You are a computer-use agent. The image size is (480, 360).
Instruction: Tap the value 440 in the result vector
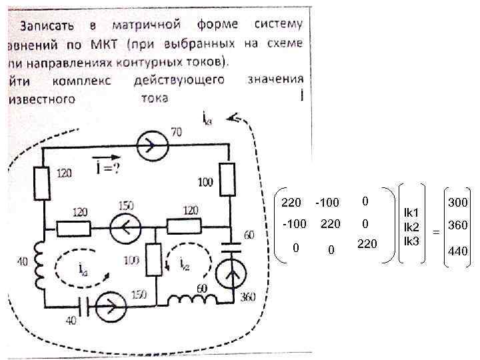click(458, 251)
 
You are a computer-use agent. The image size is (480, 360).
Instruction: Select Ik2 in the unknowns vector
click(411, 227)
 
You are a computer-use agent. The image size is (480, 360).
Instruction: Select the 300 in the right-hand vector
click(458, 202)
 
